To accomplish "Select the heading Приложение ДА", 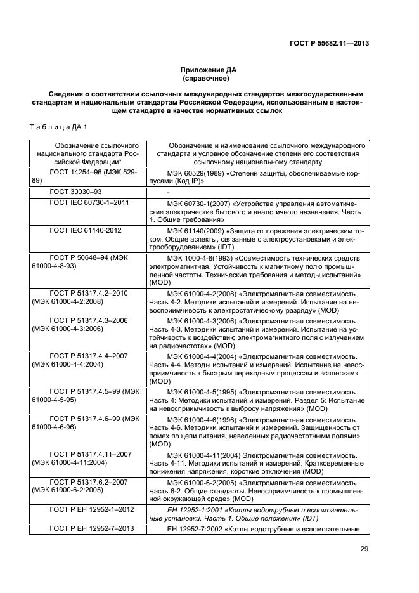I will click(x=209, y=70).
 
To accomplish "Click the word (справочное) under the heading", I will click(x=209, y=79).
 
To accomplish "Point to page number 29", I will click(x=364, y=549).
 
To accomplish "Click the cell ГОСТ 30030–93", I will click(x=75, y=191).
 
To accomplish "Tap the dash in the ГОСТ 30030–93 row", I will click(x=168, y=192).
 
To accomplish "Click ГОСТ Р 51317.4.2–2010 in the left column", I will click(x=88, y=294).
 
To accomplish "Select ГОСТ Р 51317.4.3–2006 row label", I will click(x=88, y=320).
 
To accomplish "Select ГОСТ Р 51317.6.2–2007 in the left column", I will click(x=88, y=482).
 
